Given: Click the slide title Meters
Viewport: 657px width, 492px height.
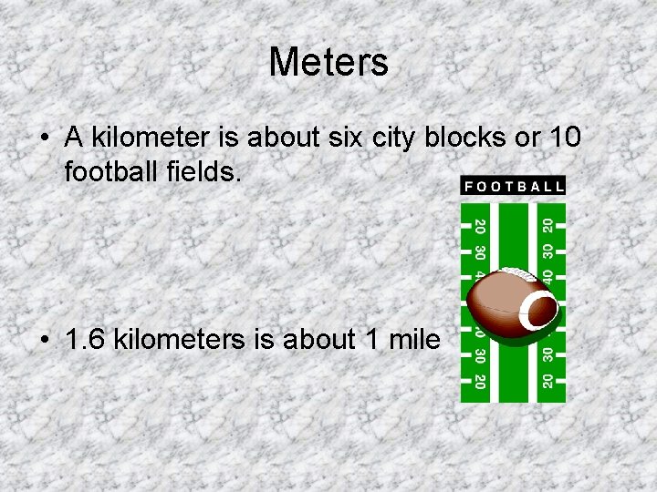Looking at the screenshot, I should click(328, 63).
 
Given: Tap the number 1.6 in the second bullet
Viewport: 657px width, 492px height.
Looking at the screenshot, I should click(83, 340).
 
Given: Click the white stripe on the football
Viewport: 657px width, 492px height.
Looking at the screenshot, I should click(538, 311).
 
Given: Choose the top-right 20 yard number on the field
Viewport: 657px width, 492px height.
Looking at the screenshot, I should click(547, 224).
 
